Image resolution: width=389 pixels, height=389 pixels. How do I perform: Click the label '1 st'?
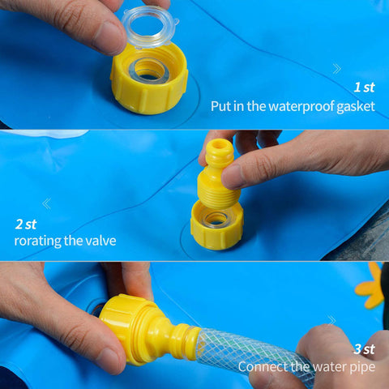(x=365, y=88)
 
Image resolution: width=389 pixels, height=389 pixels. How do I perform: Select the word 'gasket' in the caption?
(x=356, y=107)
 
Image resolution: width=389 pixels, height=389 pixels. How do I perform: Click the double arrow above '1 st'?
(x=336, y=69)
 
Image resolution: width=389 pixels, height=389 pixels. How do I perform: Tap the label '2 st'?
(x=26, y=224)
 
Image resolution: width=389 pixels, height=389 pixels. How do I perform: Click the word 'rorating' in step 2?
(x=38, y=241)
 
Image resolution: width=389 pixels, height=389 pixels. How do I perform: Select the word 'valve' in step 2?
(x=100, y=241)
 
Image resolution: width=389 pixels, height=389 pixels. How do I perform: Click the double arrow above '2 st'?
(x=46, y=203)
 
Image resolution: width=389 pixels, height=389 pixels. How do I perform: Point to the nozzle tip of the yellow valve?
(x=220, y=143)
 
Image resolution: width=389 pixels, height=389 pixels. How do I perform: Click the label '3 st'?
(x=365, y=349)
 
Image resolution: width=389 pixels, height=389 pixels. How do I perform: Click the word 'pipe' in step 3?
(x=362, y=368)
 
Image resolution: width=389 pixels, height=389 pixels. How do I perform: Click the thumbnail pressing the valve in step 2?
(x=231, y=177)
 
